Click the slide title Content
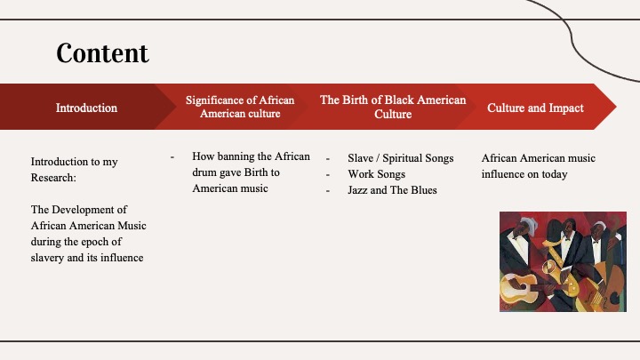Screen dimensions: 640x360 point(102,53)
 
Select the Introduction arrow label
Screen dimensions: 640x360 point(86,108)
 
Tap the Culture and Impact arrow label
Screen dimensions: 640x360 point(535,108)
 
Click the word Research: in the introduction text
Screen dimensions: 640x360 point(53,178)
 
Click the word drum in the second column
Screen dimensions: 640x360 point(204,172)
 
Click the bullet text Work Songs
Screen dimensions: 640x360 point(376,174)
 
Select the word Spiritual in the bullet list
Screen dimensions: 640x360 point(400,158)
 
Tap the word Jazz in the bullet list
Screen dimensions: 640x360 point(357,190)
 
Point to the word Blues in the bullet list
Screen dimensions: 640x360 point(424,190)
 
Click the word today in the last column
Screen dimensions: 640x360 point(555,174)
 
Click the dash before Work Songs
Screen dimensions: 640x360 point(328,175)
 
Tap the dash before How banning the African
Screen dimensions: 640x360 point(172,157)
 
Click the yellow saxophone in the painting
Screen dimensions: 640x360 point(560,266)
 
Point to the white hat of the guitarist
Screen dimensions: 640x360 point(527,224)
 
